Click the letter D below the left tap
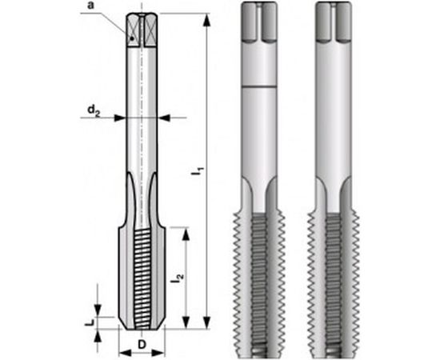point(142,346)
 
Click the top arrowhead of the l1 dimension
point(206,20)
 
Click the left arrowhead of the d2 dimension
point(121,117)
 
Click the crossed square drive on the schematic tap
point(141,30)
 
